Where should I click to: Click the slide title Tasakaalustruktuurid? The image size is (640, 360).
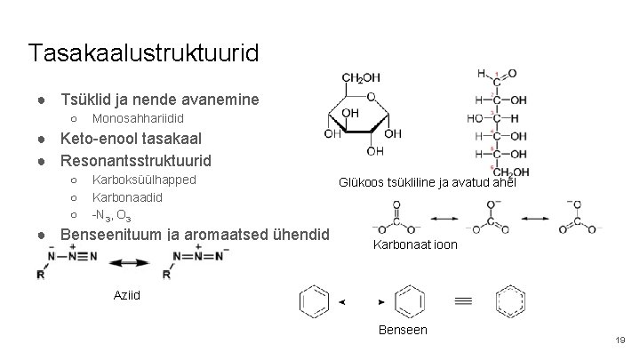143,52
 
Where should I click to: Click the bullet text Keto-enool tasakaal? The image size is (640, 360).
130,139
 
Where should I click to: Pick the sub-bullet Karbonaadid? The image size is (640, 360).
127,198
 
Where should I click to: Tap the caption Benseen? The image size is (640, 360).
403,330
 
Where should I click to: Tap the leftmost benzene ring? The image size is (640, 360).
315,302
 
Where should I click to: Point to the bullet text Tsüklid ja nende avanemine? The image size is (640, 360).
159,98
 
